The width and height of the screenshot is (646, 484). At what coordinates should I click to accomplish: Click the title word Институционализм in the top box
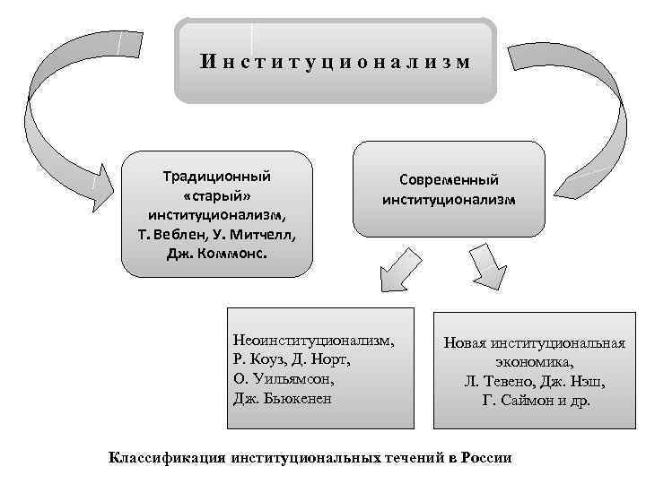[x=335, y=62]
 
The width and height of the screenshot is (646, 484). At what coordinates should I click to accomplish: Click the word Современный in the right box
[x=449, y=180]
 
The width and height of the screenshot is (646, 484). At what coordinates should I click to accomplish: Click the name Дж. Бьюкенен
[x=282, y=398]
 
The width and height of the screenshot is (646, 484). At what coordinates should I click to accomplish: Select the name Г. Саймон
[x=519, y=401]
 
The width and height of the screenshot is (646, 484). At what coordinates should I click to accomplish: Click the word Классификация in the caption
[x=166, y=458]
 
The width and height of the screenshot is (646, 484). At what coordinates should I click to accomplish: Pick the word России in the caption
[x=485, y=458]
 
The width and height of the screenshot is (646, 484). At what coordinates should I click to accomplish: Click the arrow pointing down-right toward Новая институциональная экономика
[x=485, y=268]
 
